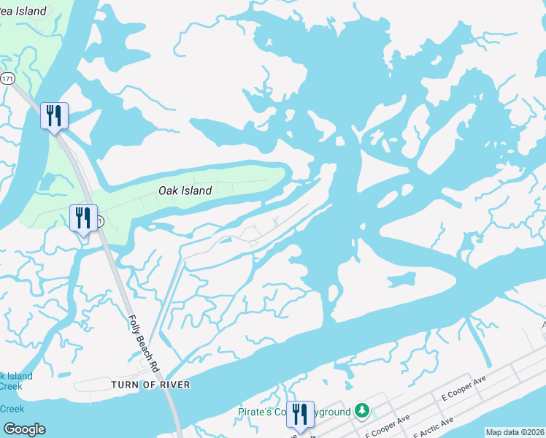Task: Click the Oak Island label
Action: (185, 191)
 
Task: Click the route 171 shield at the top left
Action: (8, 78)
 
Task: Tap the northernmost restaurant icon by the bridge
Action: (54, 117)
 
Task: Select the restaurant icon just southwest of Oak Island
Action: (83, 218)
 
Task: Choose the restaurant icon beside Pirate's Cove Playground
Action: (300, 415)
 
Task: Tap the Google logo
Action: (24, 429)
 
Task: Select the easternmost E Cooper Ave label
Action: (464, 388)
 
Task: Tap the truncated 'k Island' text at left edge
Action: (16, 376)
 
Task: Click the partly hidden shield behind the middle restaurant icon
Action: (99, 220)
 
